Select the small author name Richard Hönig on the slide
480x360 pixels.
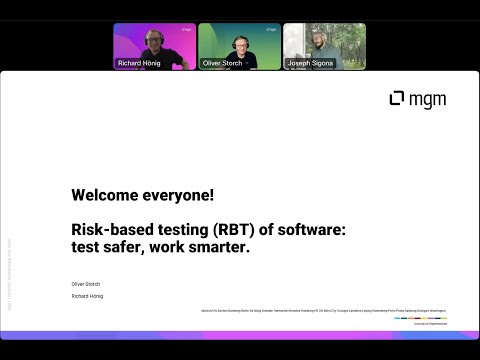coord(88,296)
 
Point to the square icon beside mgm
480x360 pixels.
coord(397,98)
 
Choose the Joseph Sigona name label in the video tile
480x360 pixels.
coord(309,63)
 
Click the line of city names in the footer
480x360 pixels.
coord(324,311)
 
